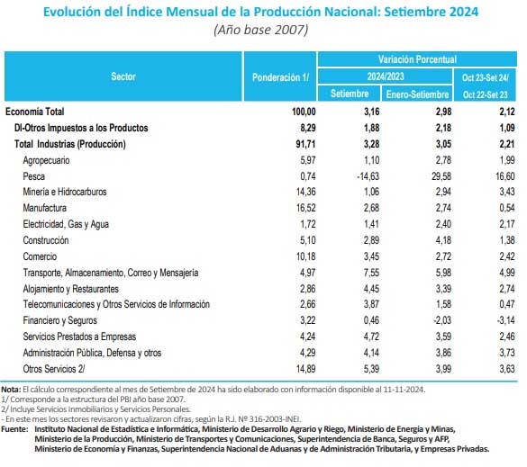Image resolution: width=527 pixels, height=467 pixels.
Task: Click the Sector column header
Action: coord(123,76)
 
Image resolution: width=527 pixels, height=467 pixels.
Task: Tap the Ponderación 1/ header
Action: coord(280,77)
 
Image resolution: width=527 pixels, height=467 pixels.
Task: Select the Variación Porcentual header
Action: coord(417,59)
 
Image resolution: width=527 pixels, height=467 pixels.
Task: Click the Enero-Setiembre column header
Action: coord(417,94)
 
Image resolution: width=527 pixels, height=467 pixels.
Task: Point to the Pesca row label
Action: coord(34,176)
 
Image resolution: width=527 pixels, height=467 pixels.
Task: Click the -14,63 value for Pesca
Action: coord(368,176)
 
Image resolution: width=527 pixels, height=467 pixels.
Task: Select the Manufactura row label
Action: coord(45,208)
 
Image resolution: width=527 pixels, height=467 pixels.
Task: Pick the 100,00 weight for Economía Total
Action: coord(304,112)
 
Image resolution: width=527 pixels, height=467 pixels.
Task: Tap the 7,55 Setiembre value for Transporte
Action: coord(371,273)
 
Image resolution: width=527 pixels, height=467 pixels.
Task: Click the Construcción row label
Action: coord(46,240)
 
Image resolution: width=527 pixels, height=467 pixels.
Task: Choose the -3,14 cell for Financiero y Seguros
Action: coord(505,320)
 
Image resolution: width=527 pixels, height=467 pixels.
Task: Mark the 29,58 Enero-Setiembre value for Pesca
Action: coord(441,176)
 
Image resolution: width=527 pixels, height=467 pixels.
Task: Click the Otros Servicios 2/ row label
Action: coord(54,369)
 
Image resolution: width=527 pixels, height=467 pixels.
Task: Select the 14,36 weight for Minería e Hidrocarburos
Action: coord(306,192)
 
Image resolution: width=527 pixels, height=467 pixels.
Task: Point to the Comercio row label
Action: coord(40,256)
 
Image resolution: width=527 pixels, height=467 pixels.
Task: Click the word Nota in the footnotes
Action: coord(11,390)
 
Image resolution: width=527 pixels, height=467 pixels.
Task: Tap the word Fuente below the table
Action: coord(14,428)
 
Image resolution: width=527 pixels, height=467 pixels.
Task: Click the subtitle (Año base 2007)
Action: coord(261,30)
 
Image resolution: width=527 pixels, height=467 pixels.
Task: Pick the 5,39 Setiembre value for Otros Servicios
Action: coord(371,369)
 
